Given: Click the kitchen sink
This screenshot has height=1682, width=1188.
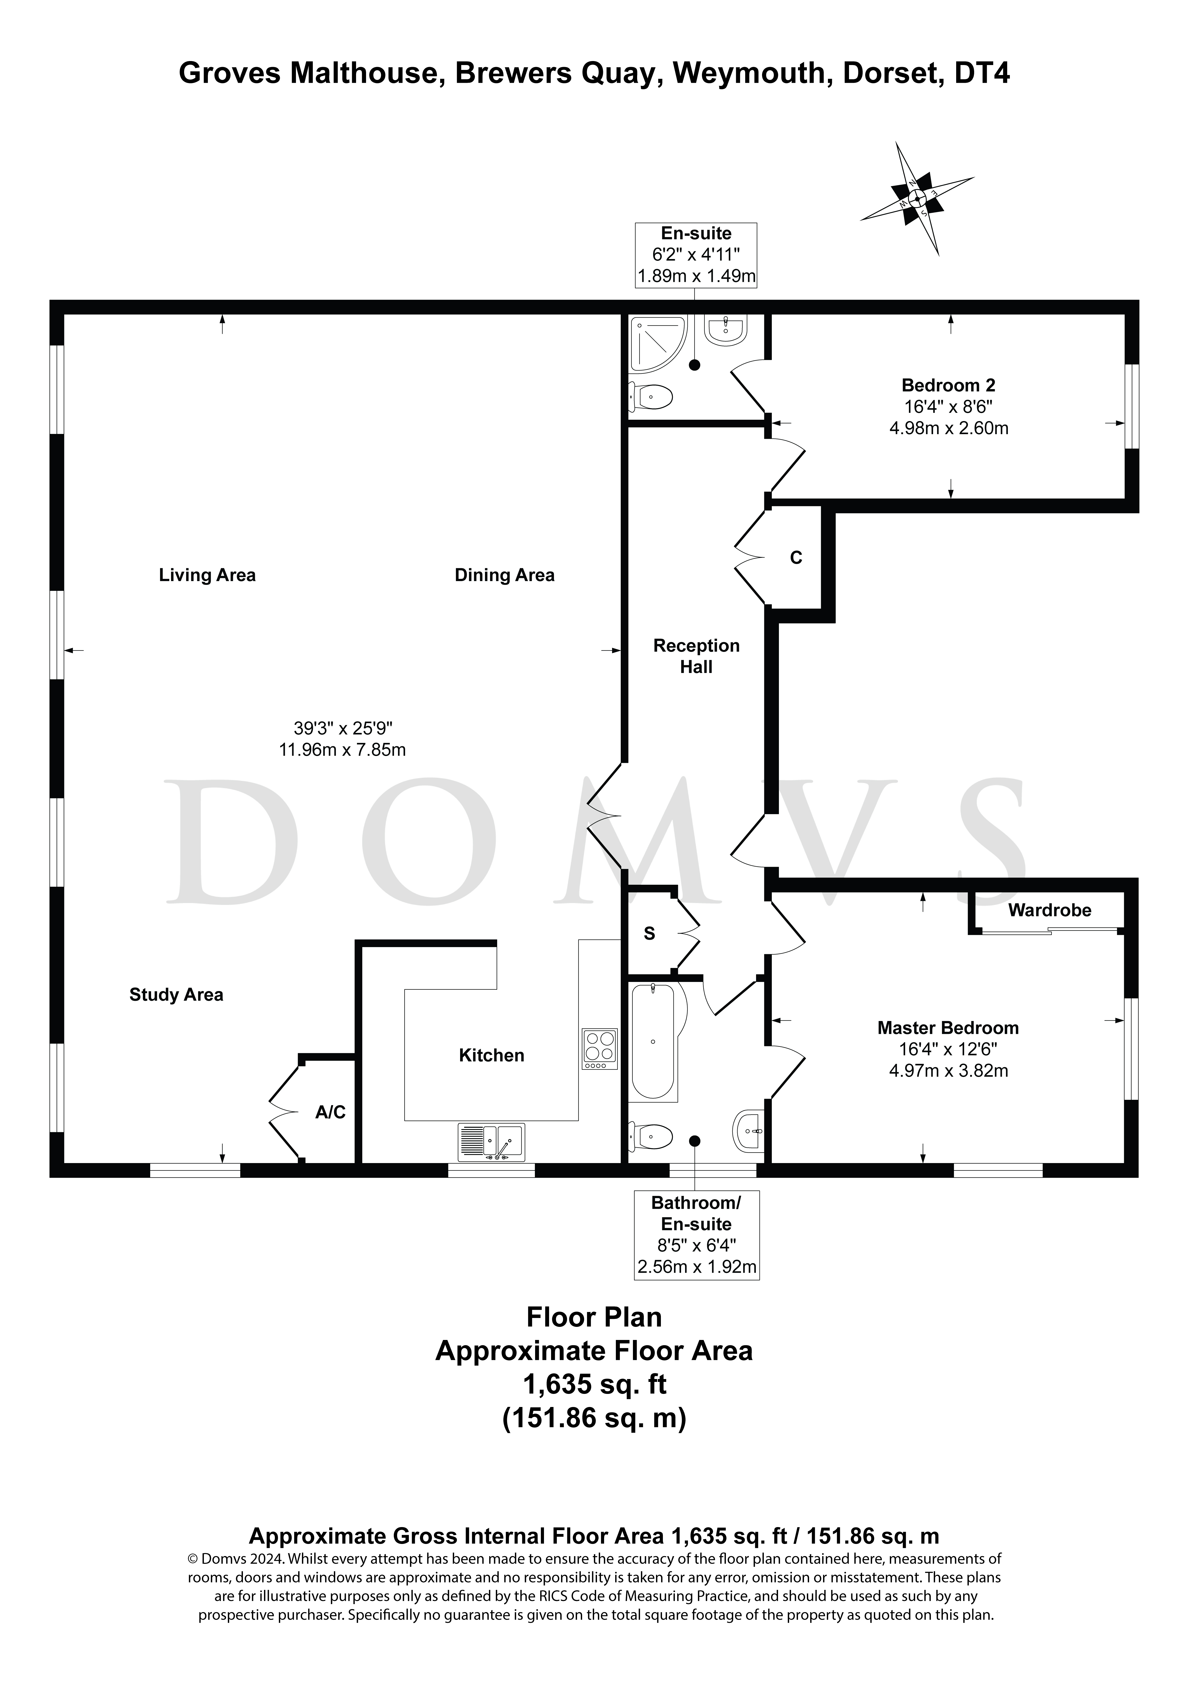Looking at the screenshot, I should coord(491,1142).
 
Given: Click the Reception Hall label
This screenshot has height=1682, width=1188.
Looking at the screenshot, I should coord(696,656).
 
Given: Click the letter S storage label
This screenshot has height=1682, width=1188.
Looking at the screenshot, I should coord(649,933).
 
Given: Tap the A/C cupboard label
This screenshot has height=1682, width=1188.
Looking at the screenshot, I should coord(330,1112).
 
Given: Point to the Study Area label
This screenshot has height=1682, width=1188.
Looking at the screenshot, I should coord(176,994).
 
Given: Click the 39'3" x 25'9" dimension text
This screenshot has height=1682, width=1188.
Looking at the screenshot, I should coord(343,728).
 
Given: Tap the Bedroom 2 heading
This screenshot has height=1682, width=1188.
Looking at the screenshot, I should coord(948,385).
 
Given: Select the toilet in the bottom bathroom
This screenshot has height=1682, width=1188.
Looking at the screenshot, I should coord(651,1136).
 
